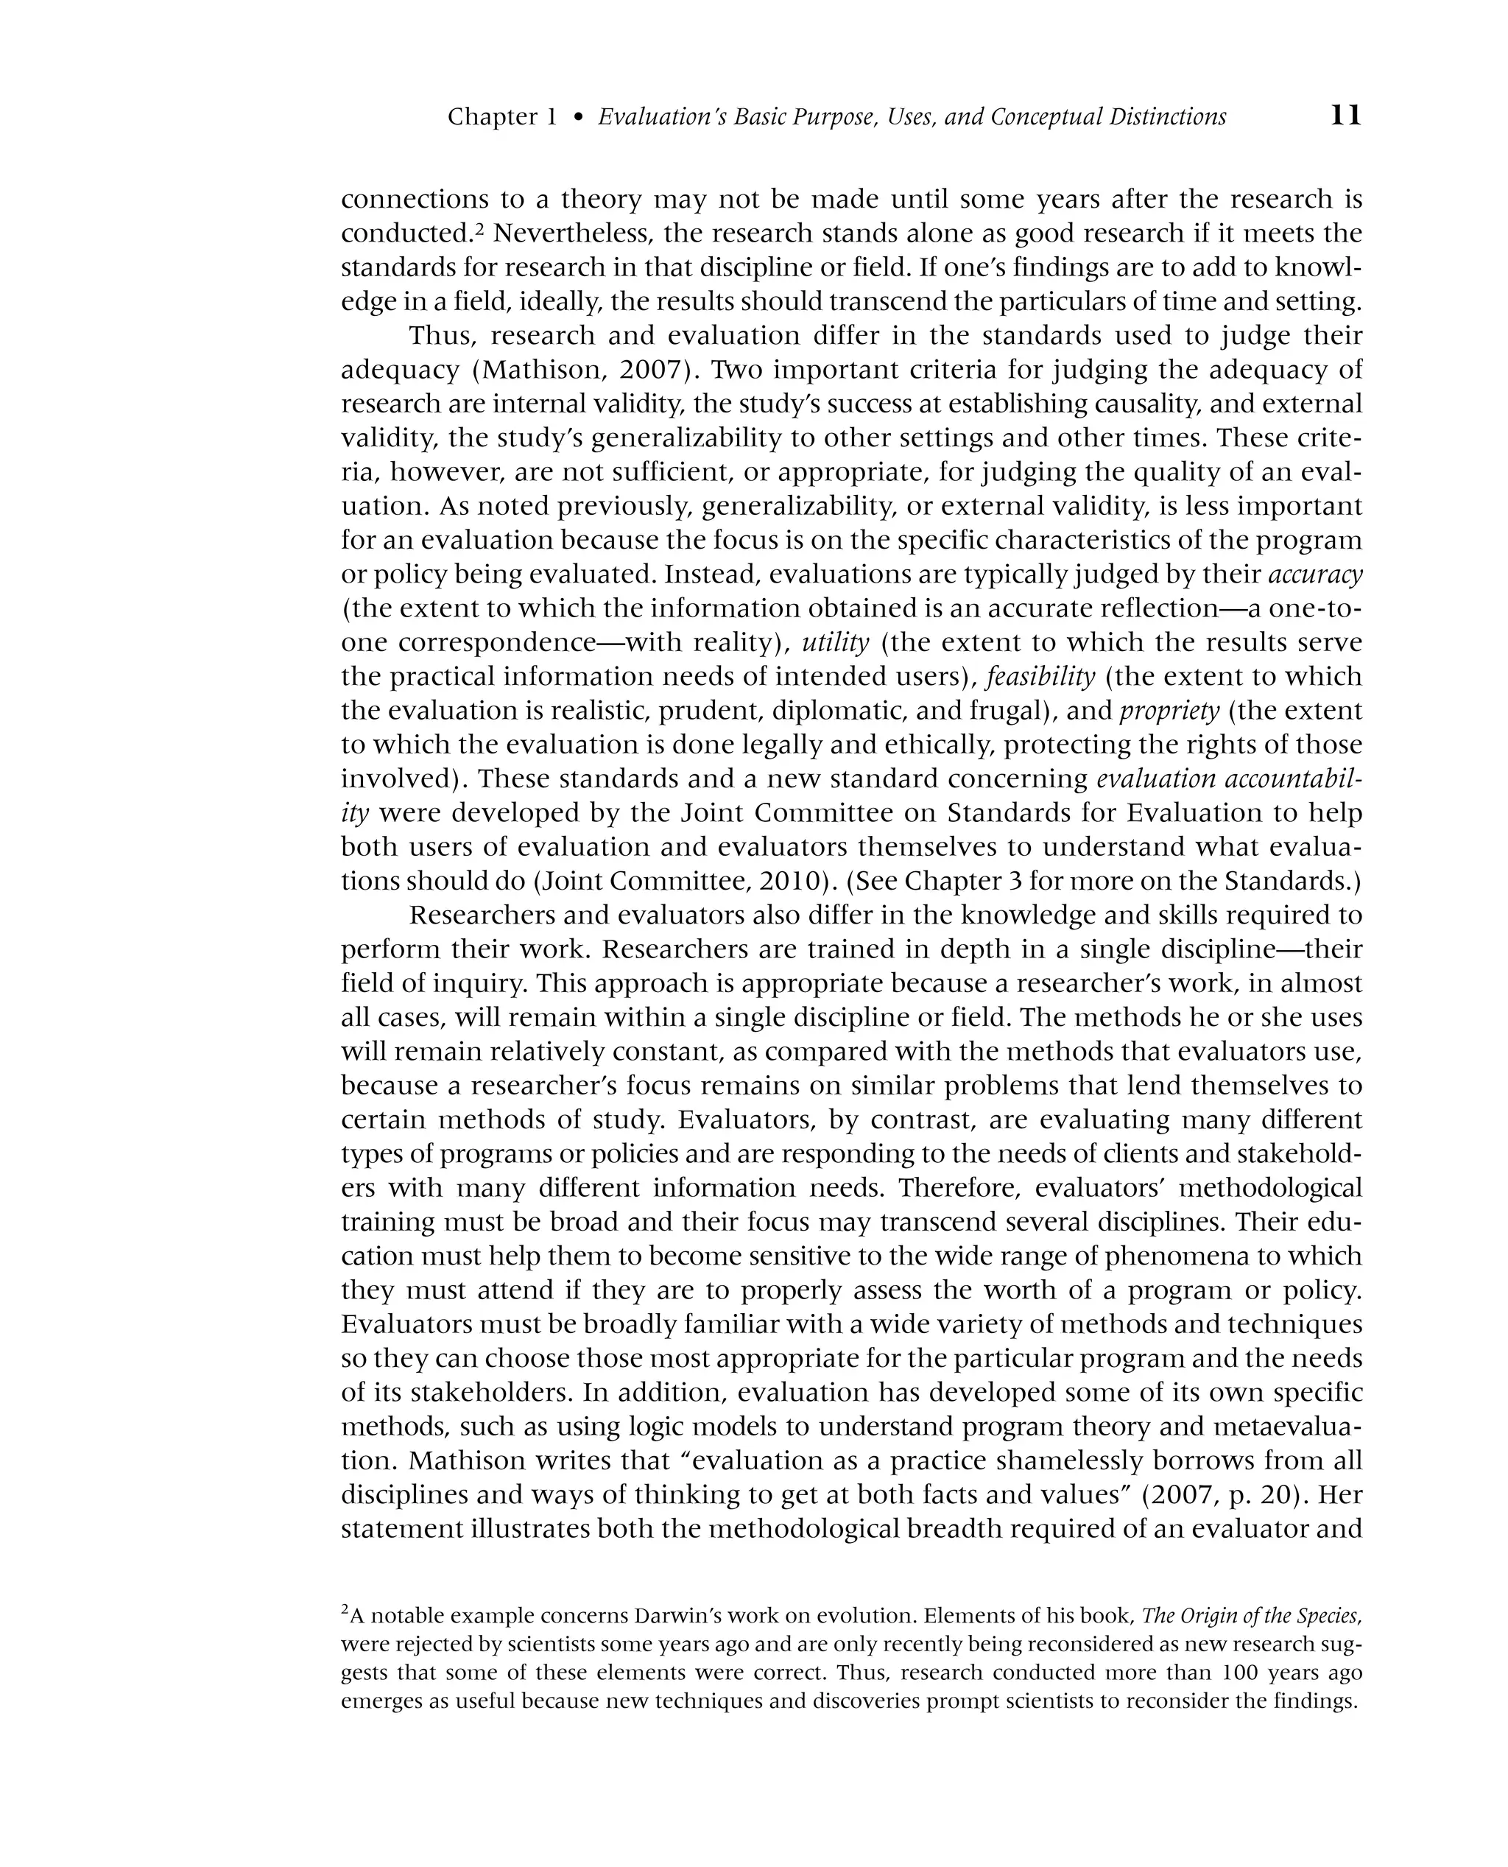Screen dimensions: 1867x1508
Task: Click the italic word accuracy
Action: (1316, 575)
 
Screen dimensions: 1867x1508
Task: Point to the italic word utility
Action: (835, 643)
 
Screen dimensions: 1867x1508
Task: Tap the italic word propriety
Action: (1170, 711)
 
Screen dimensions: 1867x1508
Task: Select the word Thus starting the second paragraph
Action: (440, 337)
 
